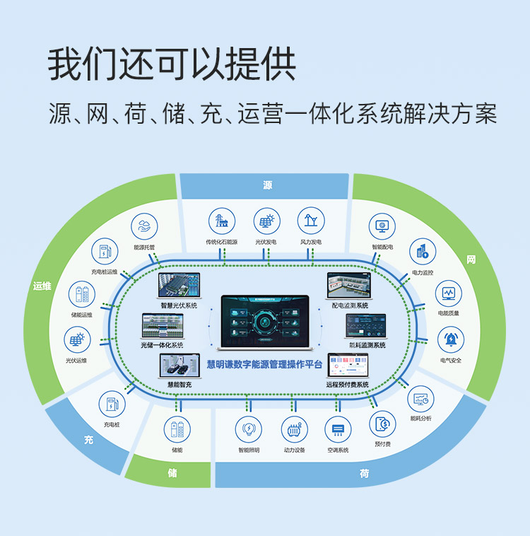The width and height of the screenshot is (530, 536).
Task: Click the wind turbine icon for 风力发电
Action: click(x=311, y=221)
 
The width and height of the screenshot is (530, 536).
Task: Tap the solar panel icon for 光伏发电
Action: click(x=267, y=221)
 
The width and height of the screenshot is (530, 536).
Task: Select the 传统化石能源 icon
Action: click(x=223, y=221)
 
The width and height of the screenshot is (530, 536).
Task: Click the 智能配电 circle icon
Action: click(x=382, y=227)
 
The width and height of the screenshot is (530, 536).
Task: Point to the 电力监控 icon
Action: click(x=423, y=252)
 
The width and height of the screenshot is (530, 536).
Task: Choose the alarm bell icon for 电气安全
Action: click(x=450, y=339)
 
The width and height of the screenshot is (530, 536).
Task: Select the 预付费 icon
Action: click(x=382, y=424)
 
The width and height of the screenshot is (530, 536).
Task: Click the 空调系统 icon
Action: click(x=338, y=429)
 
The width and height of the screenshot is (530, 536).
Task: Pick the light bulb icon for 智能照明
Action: click(x=249, y=429)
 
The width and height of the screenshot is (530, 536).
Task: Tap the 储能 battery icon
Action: click(x=177, y=429)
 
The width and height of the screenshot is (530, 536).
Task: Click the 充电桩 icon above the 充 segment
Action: click(x=112, y=404)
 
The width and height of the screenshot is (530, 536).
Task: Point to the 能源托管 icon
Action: click(x=144, y=227)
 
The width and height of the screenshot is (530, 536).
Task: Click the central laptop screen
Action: click(x=265, y=320)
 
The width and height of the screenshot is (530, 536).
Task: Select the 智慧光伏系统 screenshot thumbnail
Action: click(x=179, y=286)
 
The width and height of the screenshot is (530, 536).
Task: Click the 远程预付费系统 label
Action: click(x=348, y=385)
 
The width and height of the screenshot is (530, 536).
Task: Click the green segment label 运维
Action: click(x=42, y=286)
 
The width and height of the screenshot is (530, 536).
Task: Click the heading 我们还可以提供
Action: click(x=172, y=65)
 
